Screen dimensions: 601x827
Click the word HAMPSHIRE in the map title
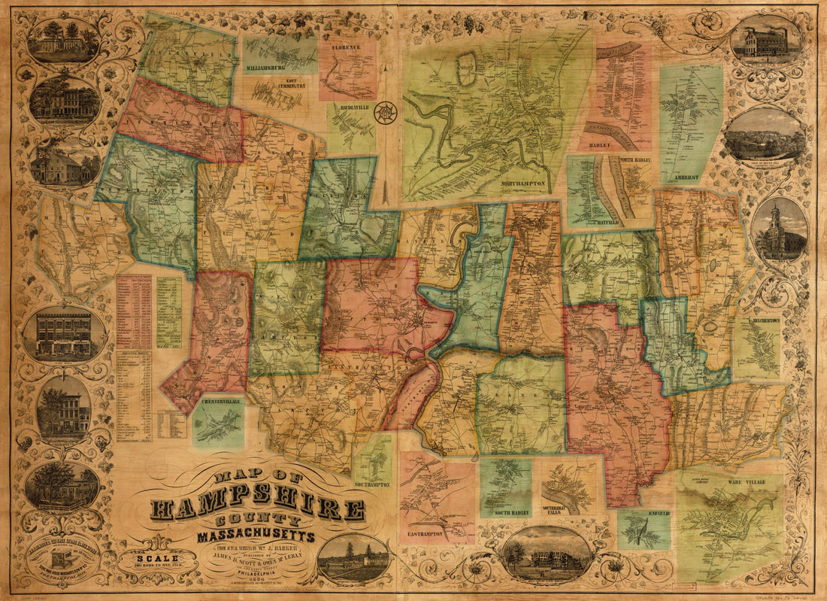[x=258, y=508]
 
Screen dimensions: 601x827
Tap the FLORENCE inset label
[x=347, y=47]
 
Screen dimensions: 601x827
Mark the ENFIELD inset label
[x=656, y=514]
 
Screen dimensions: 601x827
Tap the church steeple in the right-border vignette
[x=777, y=218]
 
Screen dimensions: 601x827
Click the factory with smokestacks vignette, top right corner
[x=766, y=39]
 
